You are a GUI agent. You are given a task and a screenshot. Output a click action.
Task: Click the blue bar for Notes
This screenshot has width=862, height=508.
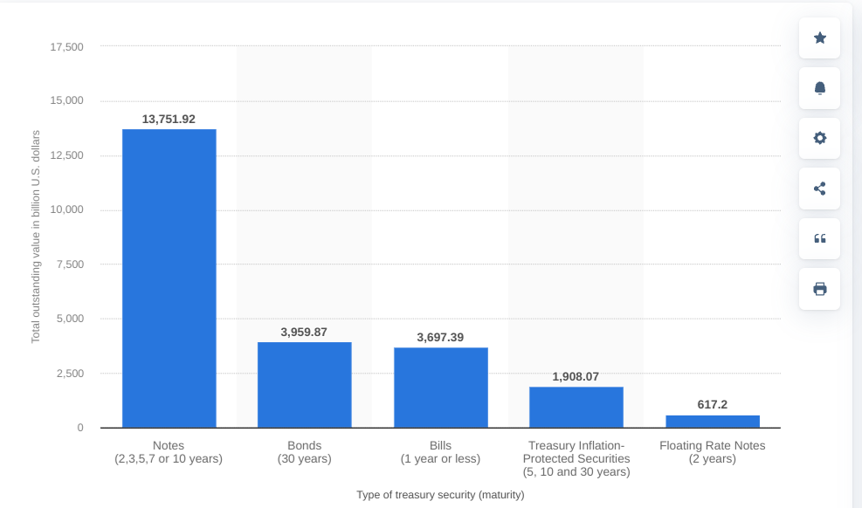tap(169, 278)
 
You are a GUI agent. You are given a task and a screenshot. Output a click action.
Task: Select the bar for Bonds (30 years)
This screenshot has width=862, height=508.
tap(304, 385)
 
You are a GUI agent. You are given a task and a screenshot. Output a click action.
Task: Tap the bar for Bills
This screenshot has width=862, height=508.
tap(440, 388)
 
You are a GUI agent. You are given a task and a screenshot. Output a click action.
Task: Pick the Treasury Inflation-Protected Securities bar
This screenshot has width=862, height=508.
tap(576, 407)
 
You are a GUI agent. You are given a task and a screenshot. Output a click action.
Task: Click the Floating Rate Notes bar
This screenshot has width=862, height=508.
tap(713, 422)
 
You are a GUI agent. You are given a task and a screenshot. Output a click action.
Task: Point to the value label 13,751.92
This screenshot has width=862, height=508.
tap(169, 119)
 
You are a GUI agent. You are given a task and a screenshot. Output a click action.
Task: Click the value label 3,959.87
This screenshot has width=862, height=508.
tap(304, 332)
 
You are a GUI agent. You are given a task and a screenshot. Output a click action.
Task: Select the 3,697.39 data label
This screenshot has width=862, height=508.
tap(440, 337)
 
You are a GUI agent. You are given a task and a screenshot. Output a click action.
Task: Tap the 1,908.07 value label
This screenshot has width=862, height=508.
tap(576, 376)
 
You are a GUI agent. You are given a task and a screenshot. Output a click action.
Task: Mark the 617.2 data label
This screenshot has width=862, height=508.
tap(713, 404)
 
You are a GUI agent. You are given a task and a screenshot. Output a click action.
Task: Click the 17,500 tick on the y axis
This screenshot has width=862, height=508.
tap(67, 46)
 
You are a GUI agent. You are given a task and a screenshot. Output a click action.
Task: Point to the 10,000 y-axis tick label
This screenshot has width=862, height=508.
tap(67, 209)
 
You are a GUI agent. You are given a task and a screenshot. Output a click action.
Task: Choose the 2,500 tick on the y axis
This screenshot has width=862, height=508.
tap(70, 374)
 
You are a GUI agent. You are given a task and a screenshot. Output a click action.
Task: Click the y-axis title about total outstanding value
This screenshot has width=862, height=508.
tap(36, 237)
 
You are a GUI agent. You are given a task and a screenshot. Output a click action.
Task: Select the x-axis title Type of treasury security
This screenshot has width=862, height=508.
tap(440, 495)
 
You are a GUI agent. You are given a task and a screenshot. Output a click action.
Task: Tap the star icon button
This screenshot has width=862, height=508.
tap(819, 38)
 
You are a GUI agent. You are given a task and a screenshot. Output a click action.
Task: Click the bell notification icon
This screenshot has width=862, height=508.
tap(819, 88)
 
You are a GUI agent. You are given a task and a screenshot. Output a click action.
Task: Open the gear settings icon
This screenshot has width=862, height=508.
tap(819, 138)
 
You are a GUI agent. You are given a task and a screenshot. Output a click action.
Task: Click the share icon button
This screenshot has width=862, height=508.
tap(819, 189)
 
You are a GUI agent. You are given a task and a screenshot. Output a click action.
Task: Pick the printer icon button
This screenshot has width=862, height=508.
tap(819, 289)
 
